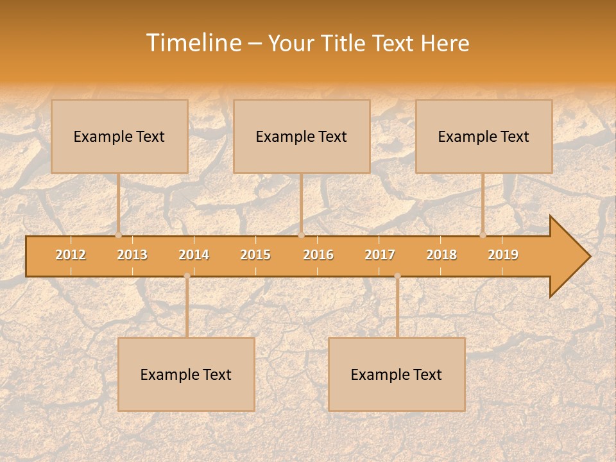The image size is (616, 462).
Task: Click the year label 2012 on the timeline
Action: [71, 255]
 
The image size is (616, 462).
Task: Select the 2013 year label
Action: [132, 255]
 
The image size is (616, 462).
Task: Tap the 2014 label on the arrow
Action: [194, 255]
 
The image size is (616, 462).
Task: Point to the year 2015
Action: [255, 255]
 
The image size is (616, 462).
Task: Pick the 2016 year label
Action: [318, 255]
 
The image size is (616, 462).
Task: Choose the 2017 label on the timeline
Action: [380, 255]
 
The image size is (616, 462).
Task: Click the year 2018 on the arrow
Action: [441, 255]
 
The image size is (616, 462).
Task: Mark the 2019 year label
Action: [503, 255]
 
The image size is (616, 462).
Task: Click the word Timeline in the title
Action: [193, 43]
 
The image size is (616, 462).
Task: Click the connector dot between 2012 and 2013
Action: [119, 235]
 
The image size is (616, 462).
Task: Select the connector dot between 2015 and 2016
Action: [301, 235]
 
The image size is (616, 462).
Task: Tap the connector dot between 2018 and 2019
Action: [483, 235]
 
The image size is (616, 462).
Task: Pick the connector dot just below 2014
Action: [187, 276]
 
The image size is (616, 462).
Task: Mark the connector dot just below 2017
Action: [397, 276]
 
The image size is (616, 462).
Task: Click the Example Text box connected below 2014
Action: [186, 374]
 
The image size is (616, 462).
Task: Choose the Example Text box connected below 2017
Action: [397, 374]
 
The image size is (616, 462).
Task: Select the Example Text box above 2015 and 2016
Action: [302, 136]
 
